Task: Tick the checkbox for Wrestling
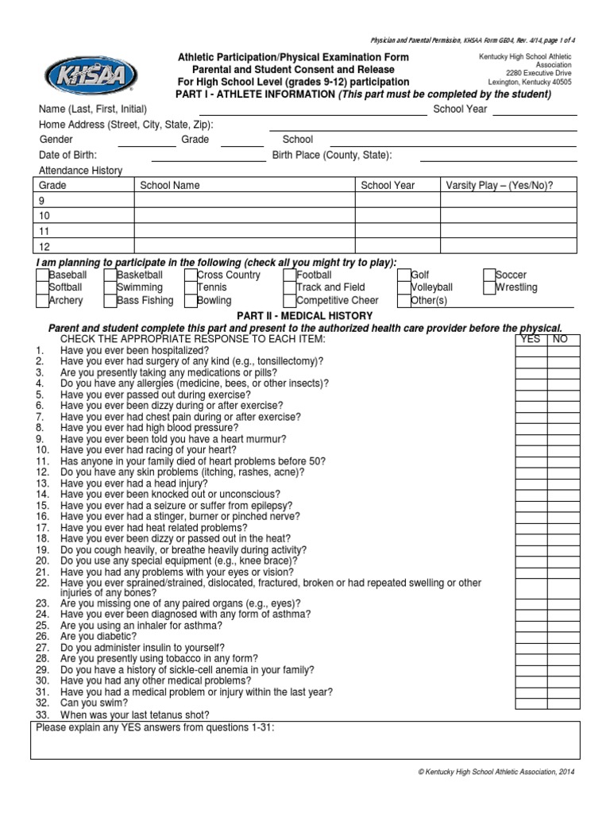point(488,287)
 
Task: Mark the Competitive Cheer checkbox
point(290,300)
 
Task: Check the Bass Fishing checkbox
point(110,300)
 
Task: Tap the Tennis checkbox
point(191,287)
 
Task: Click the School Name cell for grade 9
point(244,202)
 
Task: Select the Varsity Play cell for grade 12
point(508,247)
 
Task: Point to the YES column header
point(530,339)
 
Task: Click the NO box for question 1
point(564,350)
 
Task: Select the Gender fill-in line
point(147,141)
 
